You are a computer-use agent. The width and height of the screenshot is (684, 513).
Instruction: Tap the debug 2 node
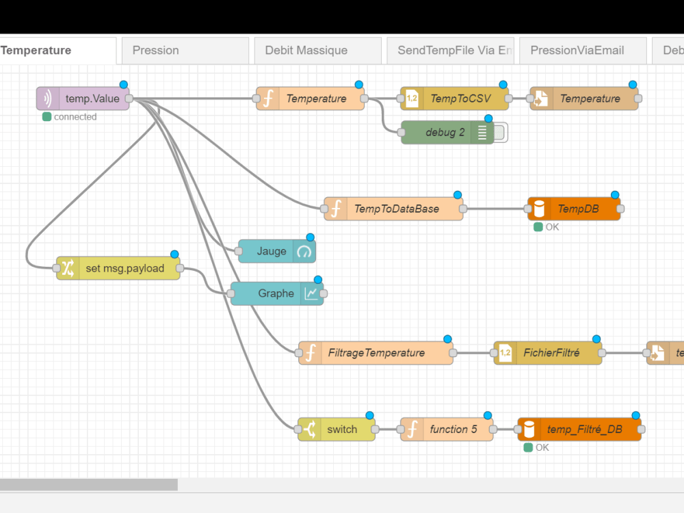[445, 133]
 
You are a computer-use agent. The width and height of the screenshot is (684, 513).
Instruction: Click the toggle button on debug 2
[501, 133]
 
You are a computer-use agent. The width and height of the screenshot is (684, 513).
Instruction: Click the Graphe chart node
[276, 293]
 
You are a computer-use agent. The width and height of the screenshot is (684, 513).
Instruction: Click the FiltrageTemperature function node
[376, 353]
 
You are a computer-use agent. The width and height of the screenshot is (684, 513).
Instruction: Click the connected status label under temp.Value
[75, 117]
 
